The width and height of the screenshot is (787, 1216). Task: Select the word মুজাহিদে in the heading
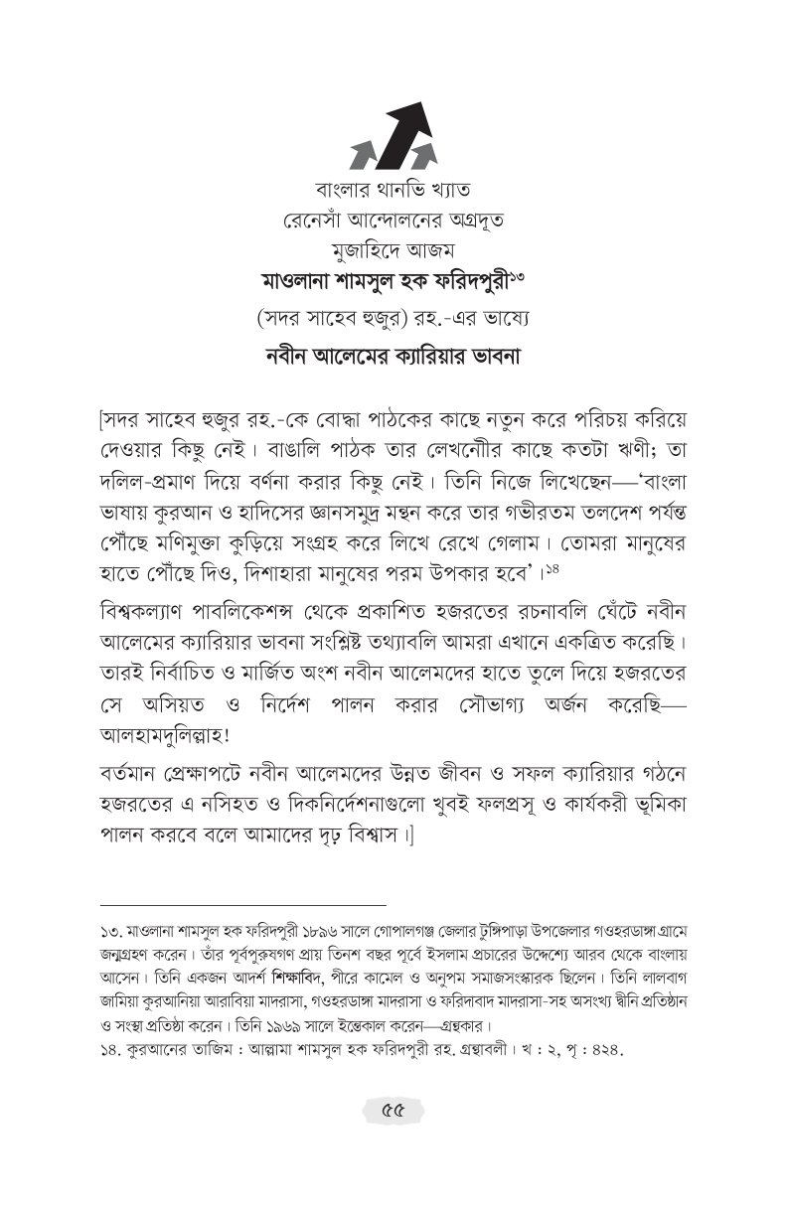click(366, 249)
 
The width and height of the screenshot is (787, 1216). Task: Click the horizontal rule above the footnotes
click(242, 906)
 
